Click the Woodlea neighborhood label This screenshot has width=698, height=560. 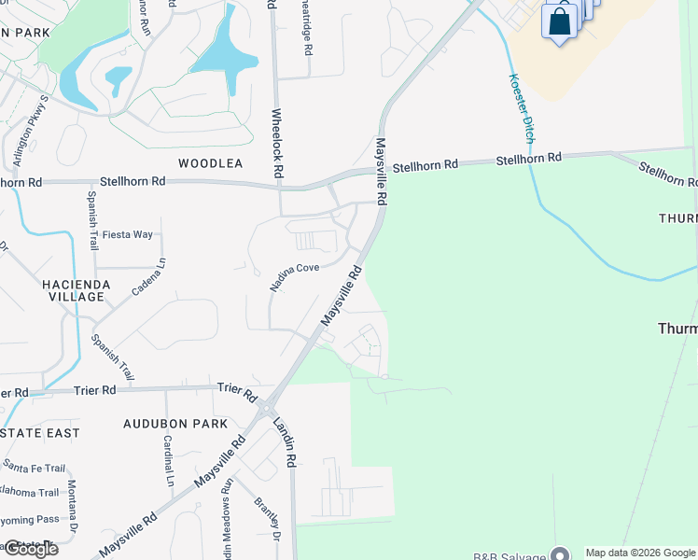(x=210, y=163)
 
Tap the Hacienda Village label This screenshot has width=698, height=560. (x=76, y=290)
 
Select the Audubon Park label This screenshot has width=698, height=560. (x=175, y=424)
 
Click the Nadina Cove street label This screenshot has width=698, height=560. (x=295, y=277)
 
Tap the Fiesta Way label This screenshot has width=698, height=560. (x=128, y=234)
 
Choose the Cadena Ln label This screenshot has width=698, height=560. (x=148, y=277)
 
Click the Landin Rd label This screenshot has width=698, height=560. (x=284, y=441)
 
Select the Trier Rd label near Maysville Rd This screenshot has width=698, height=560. (x=237, y=390)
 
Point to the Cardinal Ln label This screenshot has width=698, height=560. (x=169, y=461)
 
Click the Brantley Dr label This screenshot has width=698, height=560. (x=268, y=519)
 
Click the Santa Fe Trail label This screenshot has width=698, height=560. (x=34, y=468)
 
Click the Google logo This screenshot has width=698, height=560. (x=30, y=548)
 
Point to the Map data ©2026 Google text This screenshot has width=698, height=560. (x=640, y=553)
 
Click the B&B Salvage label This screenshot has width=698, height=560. (x=510, y=556)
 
